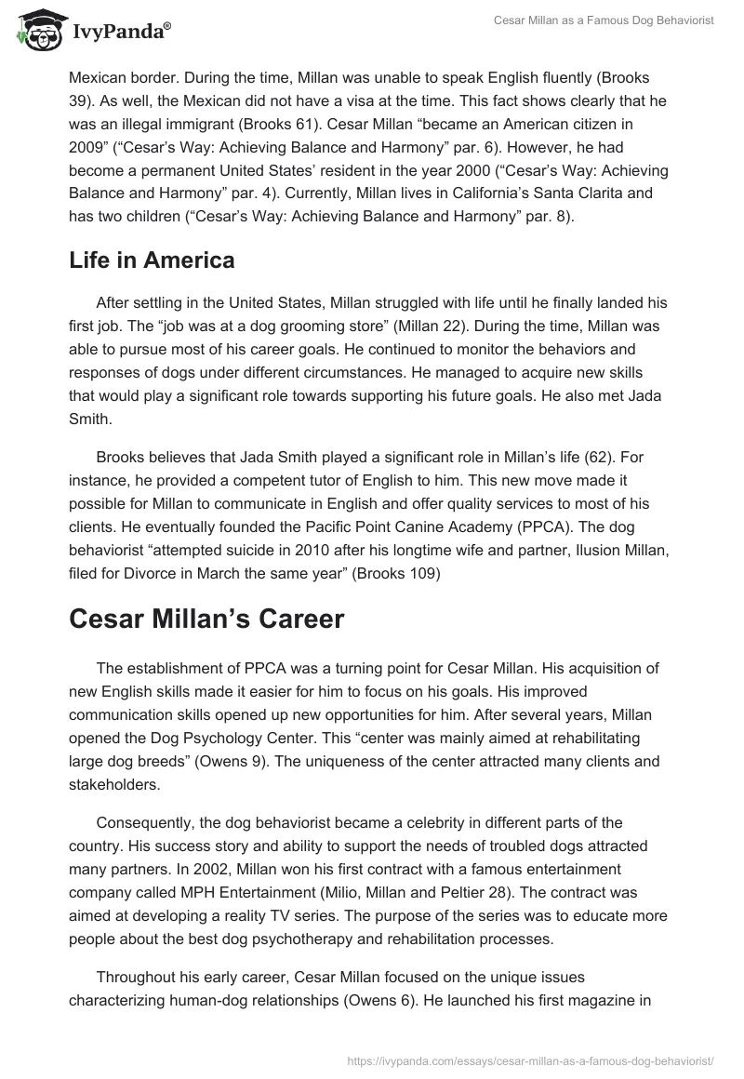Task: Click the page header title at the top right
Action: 603,20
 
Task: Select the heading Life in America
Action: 152,260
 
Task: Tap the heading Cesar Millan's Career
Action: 206,619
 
